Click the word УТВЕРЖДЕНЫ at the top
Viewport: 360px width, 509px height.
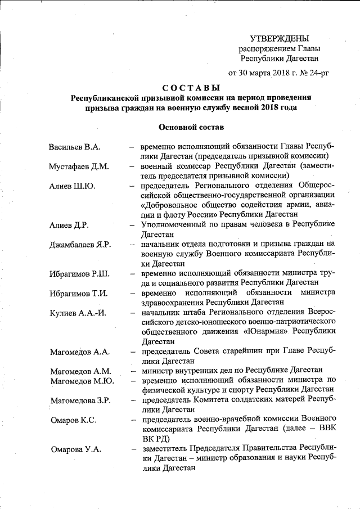tap(280, 38)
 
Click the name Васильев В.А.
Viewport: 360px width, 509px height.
tap(75, 147)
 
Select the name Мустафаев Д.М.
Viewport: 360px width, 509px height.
tap(79, 167)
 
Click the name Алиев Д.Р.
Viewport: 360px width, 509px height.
tap(71, 225)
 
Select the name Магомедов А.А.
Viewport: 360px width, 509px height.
tap(79, 352)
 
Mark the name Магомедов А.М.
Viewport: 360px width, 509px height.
tap(80, 371)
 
